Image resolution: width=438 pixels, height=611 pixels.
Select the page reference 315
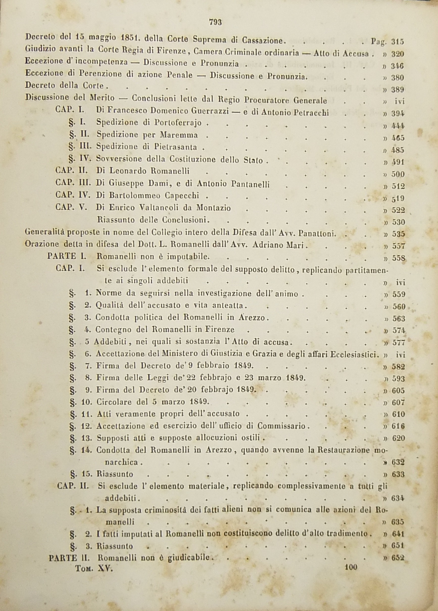click(398, 41)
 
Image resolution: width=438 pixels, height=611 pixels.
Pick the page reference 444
click(398, 126)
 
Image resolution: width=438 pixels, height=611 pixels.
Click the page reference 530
click(398, 222)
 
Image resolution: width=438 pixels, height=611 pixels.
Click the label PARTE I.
click(66, 256)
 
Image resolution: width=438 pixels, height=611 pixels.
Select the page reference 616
click(398, 426)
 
